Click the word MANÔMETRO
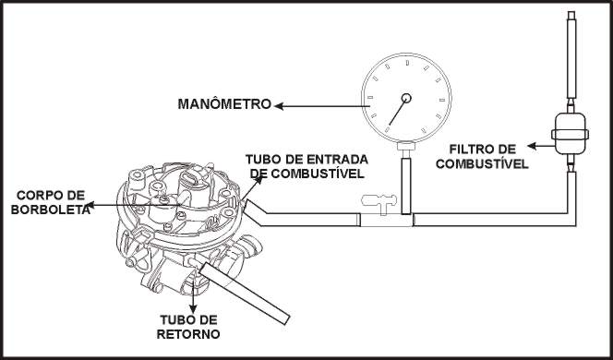click(224, 104)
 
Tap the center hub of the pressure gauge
click(406, 98)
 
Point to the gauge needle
click(398, 112)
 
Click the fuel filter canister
click(570, 133)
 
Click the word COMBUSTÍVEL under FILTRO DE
click(482, 163)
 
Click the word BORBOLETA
click(50, 210)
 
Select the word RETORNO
click(188, 334)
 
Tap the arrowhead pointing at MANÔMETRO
click(279, 106)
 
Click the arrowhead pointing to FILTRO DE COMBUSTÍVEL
click(532, 146)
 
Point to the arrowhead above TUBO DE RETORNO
click(193, 309)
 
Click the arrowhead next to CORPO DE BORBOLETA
click(90, 205)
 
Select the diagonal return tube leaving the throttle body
click(245, 294)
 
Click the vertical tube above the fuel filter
click(571, 54)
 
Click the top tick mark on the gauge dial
click(407, 63)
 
